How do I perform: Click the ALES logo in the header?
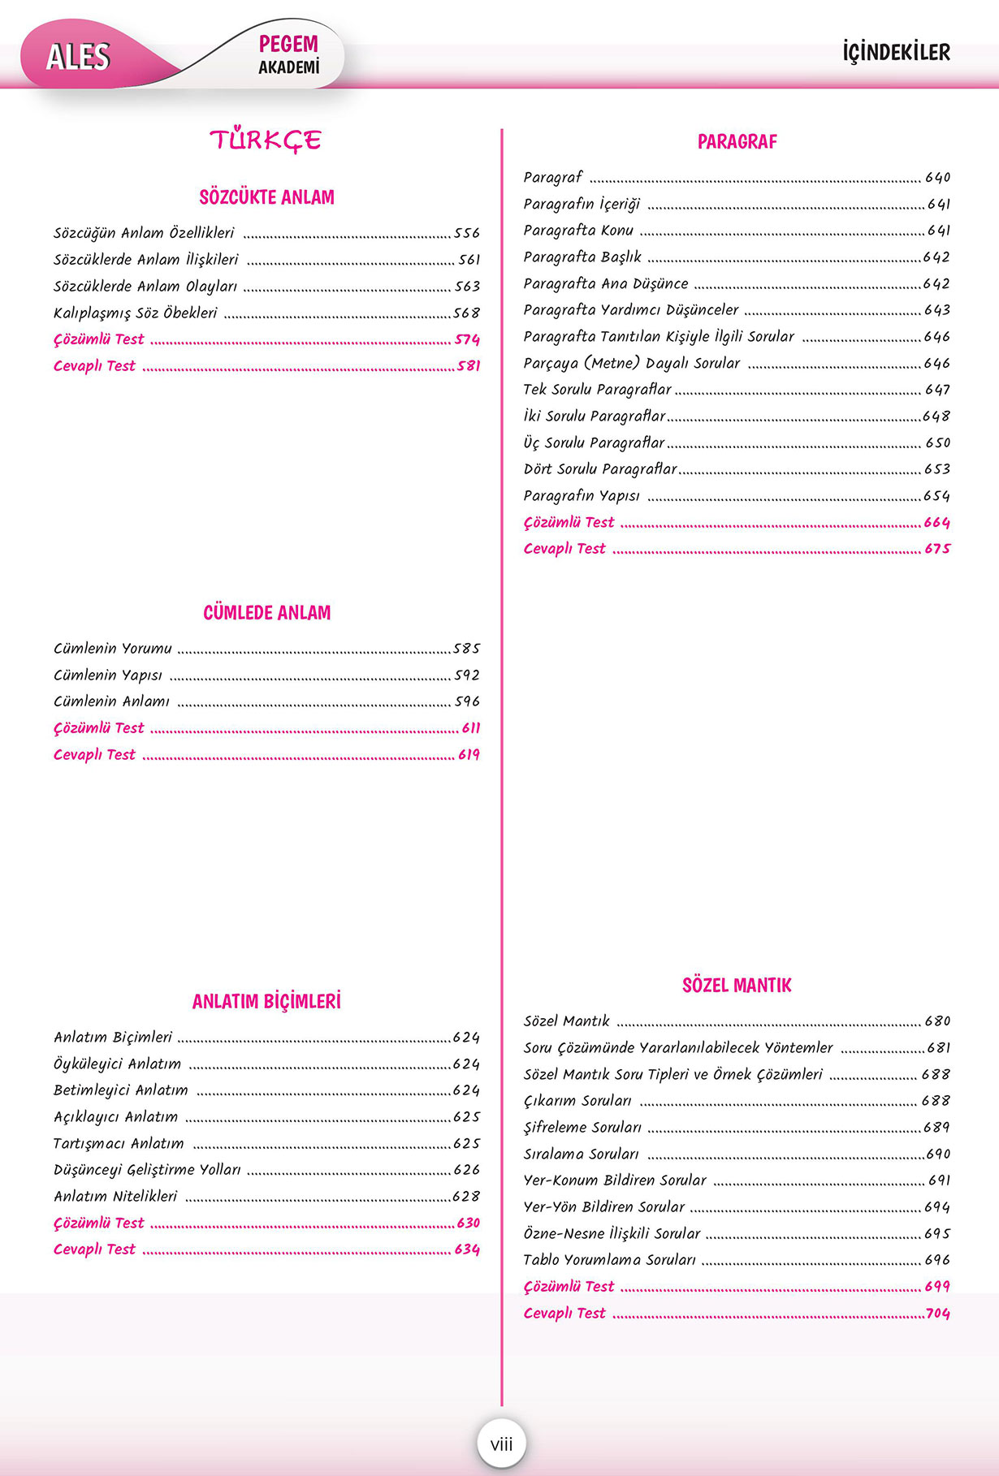(x=78, y=57)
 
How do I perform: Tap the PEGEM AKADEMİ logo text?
(x=288, y=54)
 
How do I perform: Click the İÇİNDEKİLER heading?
(x=896, y=53)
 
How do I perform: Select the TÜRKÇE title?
(x=266, y=140)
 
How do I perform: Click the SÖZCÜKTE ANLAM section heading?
(x=266, y=197)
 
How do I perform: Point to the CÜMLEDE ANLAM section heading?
(x=266, y=613)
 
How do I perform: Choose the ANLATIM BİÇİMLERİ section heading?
(x=266, y=1002)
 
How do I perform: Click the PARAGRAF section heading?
(x=737, y=142)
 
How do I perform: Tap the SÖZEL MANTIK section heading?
(x=737, y=986)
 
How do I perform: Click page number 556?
(x=467, y=234)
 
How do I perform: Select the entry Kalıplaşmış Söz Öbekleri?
(x=136, y=313)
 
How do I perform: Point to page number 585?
(x=467, y=649)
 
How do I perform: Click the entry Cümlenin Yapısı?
(x=108, y=675)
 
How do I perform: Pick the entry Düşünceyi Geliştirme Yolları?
(x=147, y=1170)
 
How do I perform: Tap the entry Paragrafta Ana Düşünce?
(x=606, y=284)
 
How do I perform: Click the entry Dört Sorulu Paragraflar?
(x=600, y=469)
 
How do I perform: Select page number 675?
(x=937, y=549)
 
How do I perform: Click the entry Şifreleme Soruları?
(x=582, y=1128)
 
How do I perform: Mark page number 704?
(x=938, y=1314)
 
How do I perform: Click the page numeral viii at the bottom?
(x=501, y=1444)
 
